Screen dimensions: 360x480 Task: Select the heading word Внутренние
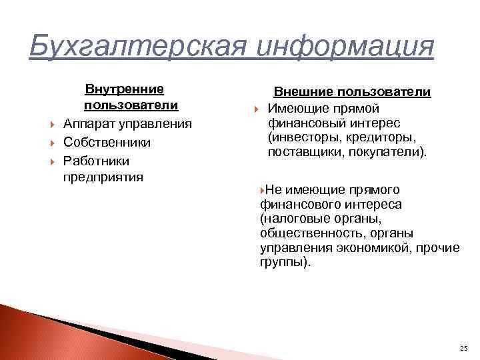(x=124, y=89)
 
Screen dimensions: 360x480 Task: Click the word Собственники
(x=107, y=143)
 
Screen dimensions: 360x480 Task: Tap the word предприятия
(x=103, y=177)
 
